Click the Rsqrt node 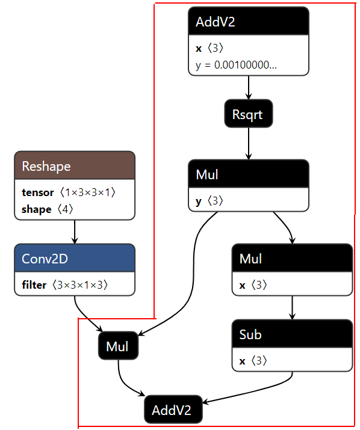pyautogui.click(x=249, y=114)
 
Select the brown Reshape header pyautogui.click(x=75, y=165)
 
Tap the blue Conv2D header pyautogui.click(x=75, y=258)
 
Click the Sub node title pyautogui.click(x=250, y=334)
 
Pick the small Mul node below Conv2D pyautogui.click(x=119, y=346)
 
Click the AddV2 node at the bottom pyautogui.click(x=173, y=409)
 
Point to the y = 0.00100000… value pyautogui.click(x=236, y=65)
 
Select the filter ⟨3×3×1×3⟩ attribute pyautogui.click(x=65, y=285)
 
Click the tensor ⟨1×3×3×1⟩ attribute pyautogui.click(x=69, y=192)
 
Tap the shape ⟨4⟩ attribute pyautogui.click(x=48, y=209)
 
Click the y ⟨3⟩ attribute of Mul pyautogui.click(x=209, y=201)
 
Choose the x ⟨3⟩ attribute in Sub pyautogui.click(x=253, y=361)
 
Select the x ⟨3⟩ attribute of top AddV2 pyautogui.click(x=209, y=48)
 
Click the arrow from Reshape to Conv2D pyautogui.click(x=75, y=232)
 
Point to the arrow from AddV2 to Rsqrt pyautogui.click(x=249, y=87)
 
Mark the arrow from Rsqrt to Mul pyautogui.click(x=249, y=143)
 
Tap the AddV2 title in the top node pyautogui.click(x=216, y=22)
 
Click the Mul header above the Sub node pyautogui.click(x=292, y=258)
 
